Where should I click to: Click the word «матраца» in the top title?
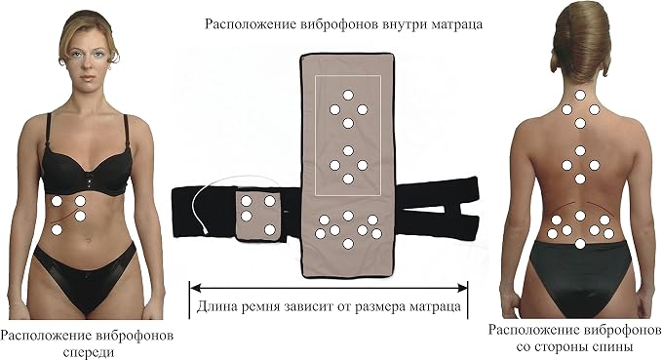457,24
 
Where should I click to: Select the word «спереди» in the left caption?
89,352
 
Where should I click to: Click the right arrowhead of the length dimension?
462,288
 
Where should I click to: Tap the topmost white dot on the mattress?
348,96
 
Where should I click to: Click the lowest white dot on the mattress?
348,243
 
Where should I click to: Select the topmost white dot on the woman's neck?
580,96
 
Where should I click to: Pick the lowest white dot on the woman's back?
580,243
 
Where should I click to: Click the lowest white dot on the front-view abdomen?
57,230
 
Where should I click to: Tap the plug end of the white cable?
205,231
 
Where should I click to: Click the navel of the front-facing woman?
88,240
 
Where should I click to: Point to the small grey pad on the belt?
258,216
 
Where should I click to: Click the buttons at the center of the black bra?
89,179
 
